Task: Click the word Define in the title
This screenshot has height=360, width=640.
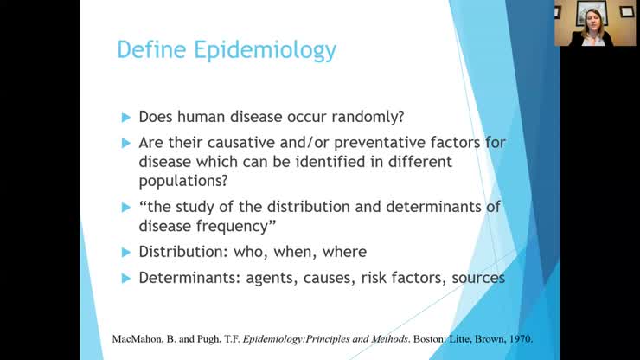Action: click(152, 49)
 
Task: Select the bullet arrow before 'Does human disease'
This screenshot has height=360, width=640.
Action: click(127, 117)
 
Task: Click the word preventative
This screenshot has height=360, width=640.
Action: click(374, 142)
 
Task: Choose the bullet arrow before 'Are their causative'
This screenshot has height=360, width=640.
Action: click(127, 142)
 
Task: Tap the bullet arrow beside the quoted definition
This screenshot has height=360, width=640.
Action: click(127, 208)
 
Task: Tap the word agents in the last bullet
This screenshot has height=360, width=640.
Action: click(259, 278)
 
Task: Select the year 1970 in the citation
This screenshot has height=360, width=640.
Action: click(520, 338)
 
